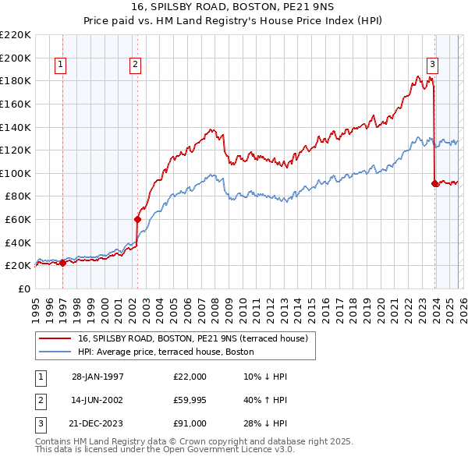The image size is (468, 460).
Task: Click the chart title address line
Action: point(234,7)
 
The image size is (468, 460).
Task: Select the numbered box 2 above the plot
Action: point(136,65)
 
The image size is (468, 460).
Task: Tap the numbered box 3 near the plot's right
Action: point(432,65)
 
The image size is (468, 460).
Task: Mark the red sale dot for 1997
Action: point(63,263)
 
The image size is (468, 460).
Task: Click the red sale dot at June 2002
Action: point(137,219)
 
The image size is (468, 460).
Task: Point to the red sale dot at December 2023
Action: point(434,183)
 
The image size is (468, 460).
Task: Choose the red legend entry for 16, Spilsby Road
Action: point(193,338)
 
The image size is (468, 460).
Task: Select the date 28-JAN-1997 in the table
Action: point(97,377)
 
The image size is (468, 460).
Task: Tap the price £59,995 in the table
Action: point(190,400)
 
